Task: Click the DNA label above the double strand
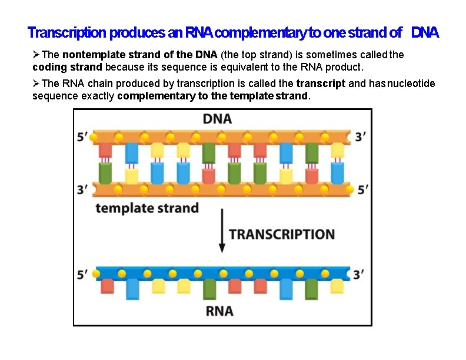(217, 119)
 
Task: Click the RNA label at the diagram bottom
(219, 311)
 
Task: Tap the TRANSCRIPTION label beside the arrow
(281, 234)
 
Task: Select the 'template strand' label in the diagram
(147, 208)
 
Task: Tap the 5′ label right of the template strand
(364, 189)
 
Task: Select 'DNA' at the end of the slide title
(425, 32)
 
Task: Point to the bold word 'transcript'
(321, 84)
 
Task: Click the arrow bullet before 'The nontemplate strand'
(36, 54)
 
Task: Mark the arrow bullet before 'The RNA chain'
(36, 84)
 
